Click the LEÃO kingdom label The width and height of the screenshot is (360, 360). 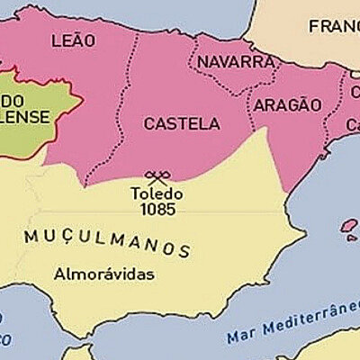73,40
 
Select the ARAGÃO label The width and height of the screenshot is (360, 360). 287,104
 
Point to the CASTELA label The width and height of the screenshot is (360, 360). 181,123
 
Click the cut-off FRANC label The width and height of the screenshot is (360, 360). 334,26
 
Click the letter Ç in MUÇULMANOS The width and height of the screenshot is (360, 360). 59,237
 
